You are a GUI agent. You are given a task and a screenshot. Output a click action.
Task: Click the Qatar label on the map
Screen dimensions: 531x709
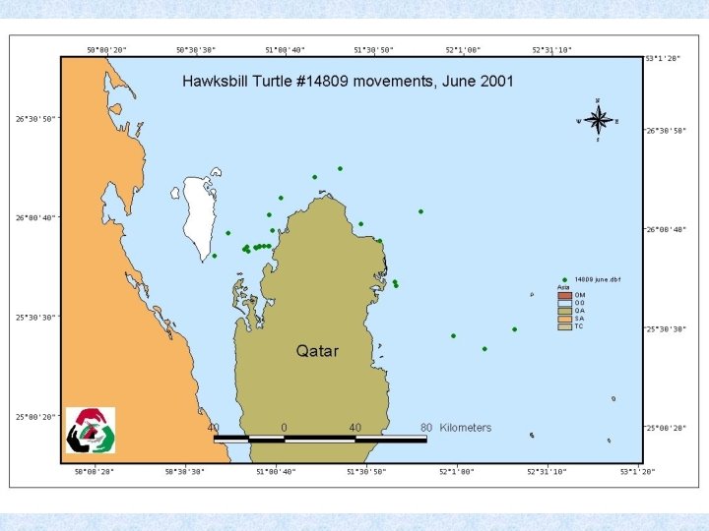pos(317,351)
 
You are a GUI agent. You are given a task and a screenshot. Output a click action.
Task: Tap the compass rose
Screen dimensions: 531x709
pos(598,120)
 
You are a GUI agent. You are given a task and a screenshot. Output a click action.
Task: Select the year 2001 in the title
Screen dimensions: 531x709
pos(494,81)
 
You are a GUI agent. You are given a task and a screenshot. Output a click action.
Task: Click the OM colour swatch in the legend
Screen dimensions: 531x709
pos(564,295)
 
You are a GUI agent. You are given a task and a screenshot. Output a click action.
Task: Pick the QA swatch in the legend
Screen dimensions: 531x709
pos(564,311)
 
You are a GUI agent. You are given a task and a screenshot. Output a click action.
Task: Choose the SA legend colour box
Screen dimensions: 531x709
pos(564,319)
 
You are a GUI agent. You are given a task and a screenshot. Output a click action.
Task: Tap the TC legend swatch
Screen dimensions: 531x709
pos(564,326)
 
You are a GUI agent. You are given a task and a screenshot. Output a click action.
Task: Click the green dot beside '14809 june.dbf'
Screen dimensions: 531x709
pos(564,279)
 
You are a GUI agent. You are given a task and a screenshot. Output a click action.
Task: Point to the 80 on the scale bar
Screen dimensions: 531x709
pos(426,428)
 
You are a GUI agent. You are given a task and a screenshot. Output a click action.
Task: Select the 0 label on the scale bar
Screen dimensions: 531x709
pos(284,428)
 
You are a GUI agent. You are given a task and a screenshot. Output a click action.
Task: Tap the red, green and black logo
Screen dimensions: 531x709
pos(91,430)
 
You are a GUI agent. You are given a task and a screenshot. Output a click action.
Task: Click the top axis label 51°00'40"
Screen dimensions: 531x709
pos(286,49)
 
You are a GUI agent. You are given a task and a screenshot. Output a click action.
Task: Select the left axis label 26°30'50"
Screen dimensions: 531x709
pos(35,119)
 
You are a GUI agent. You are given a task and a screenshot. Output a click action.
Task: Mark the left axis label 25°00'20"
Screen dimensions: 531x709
pos(35,417)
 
